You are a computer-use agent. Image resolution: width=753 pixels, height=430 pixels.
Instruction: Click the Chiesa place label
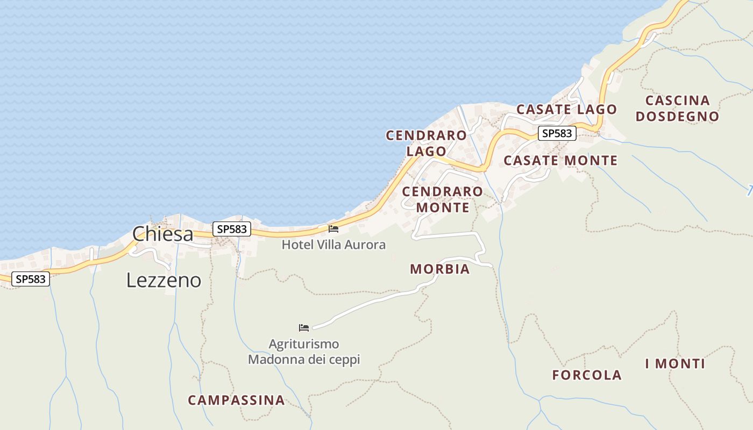tap(162, 234)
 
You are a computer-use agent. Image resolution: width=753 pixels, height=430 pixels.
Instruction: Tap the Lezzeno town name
tap(164, 280)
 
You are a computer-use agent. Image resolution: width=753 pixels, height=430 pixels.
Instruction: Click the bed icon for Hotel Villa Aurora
tap(333, 229)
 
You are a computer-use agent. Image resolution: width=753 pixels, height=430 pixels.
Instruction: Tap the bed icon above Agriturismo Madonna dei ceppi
tap(304, 327)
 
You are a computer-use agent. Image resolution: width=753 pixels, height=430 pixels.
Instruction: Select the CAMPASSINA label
tap(236, 400)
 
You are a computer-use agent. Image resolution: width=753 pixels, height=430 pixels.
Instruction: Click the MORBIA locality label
tap(440, 269)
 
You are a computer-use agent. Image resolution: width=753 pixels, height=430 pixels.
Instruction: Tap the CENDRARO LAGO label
tap(426, 143)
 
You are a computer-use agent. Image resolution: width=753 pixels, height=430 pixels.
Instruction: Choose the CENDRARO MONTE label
tap(443, 199)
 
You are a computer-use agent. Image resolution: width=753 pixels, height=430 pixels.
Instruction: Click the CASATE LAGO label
tap(566, 110)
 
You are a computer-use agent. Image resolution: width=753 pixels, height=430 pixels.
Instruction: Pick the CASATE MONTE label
tap(560, 160)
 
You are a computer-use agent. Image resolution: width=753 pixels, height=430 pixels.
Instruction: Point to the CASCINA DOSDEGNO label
tap(677, 108)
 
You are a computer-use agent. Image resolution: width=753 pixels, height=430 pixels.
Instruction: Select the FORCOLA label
tap(587, 375)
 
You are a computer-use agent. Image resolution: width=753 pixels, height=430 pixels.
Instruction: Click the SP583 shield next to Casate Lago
tap(557, 133)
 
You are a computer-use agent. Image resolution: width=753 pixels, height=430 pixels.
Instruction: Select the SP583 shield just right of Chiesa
tap(232, 229)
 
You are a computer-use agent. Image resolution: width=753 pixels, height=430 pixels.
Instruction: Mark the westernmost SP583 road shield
tap(31, 279)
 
